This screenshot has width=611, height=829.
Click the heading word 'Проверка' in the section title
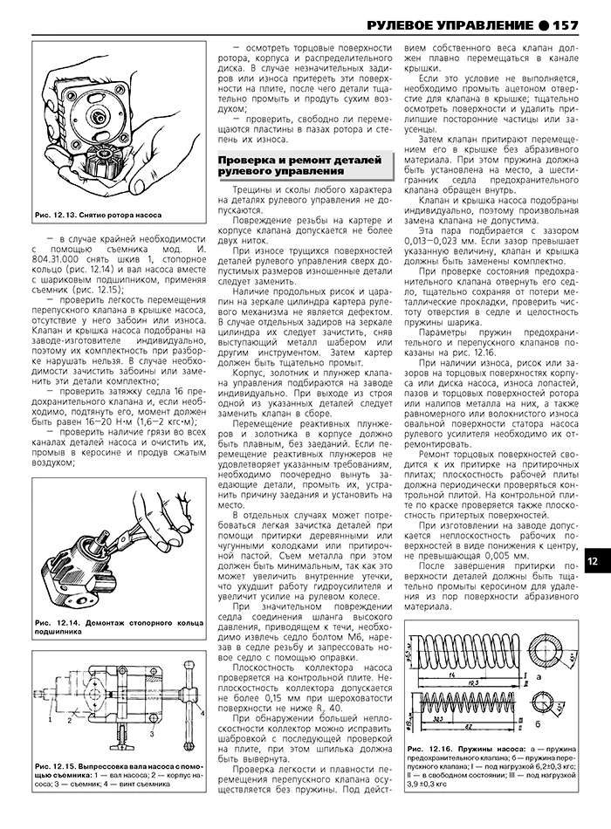coord(250,162)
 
